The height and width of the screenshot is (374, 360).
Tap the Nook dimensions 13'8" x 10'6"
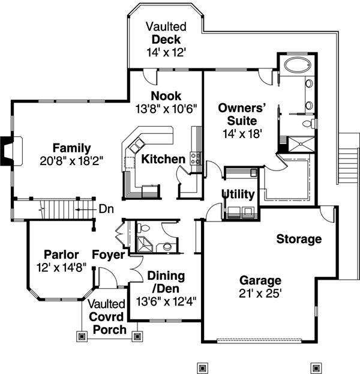[x=166, y=108]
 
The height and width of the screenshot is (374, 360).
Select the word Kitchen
[x=163, y=159]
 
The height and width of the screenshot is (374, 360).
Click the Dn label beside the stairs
[x=106, y=209]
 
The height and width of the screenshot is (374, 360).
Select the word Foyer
[x=109, y=255]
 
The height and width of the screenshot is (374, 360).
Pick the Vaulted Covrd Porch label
[x=108, y=317]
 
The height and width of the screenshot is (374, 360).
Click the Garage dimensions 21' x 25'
[x=260, y=294]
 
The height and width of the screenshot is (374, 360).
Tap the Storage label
[x=299, y=239]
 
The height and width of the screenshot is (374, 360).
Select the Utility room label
[x=238, y=195]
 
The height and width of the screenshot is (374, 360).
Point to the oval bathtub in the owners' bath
[x=293, y=65]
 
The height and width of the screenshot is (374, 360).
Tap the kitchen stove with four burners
[x=196, y=158]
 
